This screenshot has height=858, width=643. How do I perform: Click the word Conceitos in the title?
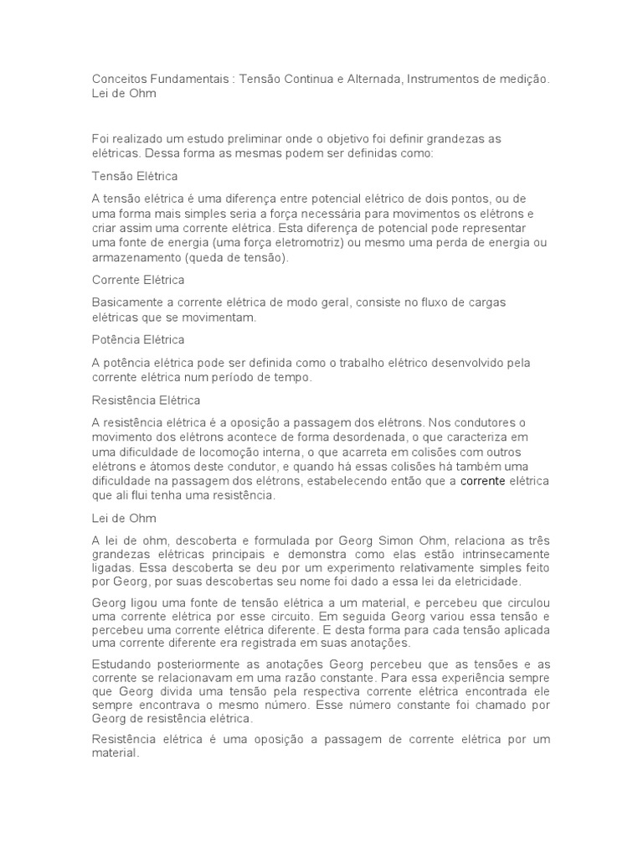click(x=120, y=79)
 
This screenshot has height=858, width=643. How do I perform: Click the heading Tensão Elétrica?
click(x=134, y=177)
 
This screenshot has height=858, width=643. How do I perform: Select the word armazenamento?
click(x=135, y=258)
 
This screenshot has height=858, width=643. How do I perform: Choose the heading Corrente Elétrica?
click(x=137, y=280)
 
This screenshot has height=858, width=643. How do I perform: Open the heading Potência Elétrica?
click(x=137, y=340)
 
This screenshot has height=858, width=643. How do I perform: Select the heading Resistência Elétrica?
click(x=146, y=401)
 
